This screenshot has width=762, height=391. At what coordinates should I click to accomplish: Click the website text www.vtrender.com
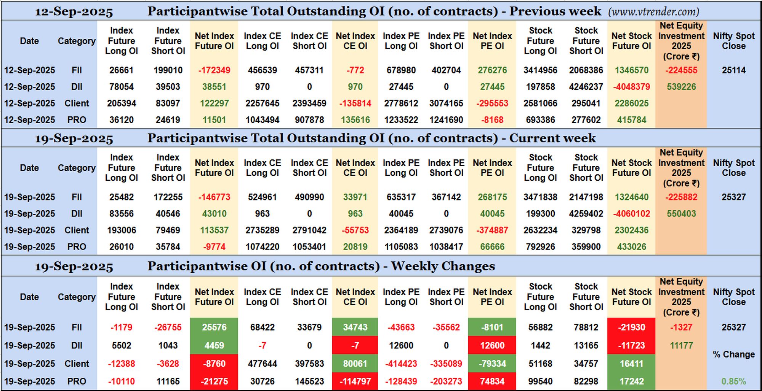[x=653, y=11]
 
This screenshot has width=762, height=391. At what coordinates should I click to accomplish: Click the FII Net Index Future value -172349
[x=214, y=70]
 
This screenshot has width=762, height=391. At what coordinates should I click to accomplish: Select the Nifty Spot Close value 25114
[x=733, y=70]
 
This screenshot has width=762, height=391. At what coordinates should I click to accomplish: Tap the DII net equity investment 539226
[x=681, y=87]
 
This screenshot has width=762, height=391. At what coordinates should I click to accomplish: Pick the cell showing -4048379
[x=631, y=87]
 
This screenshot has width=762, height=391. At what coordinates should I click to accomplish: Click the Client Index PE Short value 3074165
[x=446, y=103]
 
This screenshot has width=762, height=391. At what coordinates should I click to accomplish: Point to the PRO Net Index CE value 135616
[x=355, y=120]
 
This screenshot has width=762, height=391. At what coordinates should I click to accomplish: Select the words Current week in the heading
[x=552, y=138]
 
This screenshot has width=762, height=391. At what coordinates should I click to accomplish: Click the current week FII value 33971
[x=355, y=197]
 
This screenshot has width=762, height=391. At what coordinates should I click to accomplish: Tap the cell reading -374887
[x=492, y=230]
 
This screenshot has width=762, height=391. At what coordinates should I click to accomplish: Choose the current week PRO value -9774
[x=214, y=247]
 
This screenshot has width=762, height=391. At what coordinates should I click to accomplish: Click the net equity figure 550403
[x=681, y=214]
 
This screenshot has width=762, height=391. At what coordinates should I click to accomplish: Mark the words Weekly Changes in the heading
[x=443, y=266]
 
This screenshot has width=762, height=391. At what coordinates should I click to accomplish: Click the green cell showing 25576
[x=214, y=327]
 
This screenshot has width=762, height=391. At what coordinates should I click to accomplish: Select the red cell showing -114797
[x=355, y=381]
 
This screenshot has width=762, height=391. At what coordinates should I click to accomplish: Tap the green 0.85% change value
[x=733, y=381]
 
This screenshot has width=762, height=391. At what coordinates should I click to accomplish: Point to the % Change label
[x=733, y=354]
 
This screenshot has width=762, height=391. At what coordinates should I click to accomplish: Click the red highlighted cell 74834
[x=492, y=381]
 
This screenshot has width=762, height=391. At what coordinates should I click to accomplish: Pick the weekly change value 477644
[x=262, y=364]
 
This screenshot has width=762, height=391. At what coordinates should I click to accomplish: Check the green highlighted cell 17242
[x=631, y=381]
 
